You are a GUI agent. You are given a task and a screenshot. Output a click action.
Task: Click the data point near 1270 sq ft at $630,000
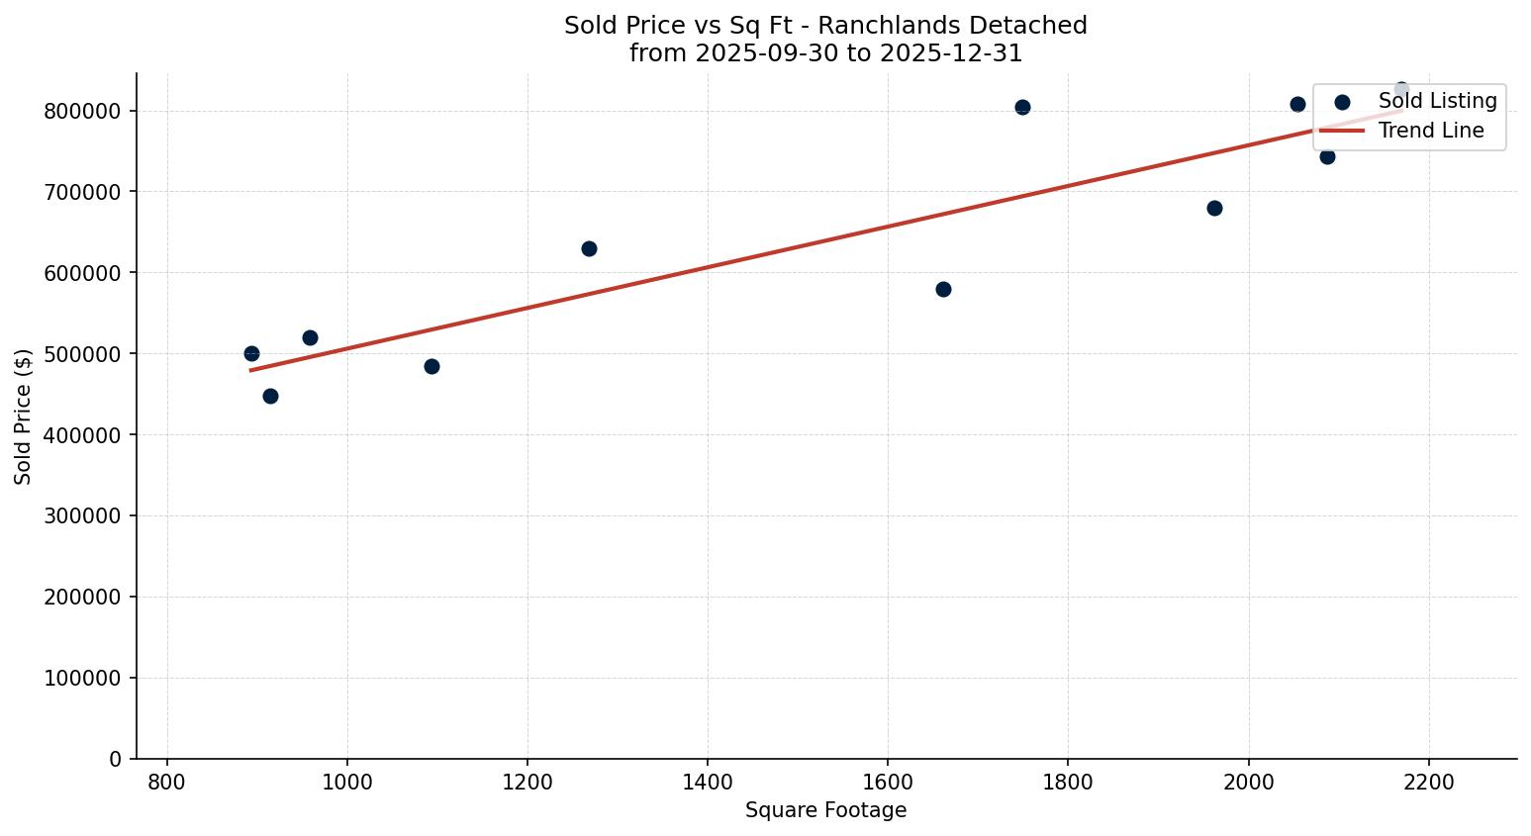pos(589,248)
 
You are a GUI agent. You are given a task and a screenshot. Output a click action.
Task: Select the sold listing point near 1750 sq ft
pos(1022,107)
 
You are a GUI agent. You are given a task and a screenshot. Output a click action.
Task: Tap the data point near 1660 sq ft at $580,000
pos(943,289)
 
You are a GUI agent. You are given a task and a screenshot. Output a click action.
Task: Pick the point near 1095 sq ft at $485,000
pos(431,366)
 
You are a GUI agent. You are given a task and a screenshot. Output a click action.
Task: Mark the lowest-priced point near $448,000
pos(270,396)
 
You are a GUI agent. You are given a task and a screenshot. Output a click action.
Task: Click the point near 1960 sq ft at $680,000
pos(1214,208)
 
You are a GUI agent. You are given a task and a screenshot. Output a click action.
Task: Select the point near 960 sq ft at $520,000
pos(310,337)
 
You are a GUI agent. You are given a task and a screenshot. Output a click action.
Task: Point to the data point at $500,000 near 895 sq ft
pos(251,353)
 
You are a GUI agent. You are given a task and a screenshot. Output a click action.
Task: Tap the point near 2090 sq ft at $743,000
pos(1327,156)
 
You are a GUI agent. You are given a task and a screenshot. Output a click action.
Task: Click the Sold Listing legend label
pos(1437,101)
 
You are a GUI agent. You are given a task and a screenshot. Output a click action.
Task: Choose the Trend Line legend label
pos(1431,131)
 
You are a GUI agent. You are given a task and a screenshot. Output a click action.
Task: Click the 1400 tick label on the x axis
pos(708,782)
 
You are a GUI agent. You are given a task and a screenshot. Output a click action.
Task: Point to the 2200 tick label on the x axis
pos(1429,782)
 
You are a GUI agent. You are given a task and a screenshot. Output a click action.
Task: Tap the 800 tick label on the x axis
pos(166,782)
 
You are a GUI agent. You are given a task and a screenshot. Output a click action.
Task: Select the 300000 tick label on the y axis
pos(83,515)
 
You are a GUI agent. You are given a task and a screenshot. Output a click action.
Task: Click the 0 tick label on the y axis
pos(117,759)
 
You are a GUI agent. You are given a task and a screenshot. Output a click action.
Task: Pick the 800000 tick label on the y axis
pos(83,111)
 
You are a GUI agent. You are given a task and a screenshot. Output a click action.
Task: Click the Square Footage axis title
pos(825,810)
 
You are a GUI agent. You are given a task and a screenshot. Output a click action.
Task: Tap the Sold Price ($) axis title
pos(24,417)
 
